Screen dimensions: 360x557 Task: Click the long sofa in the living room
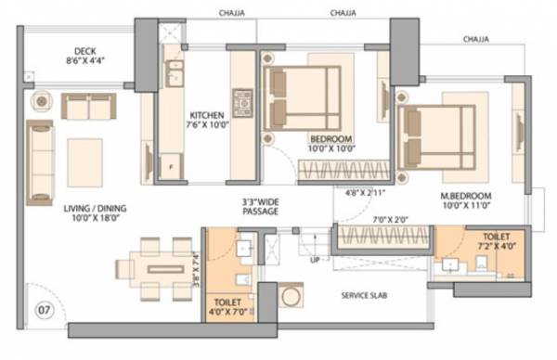40,161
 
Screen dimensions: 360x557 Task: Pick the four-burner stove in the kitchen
242,102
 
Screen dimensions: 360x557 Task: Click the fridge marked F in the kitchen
171,167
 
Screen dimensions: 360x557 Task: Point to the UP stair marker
315,260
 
